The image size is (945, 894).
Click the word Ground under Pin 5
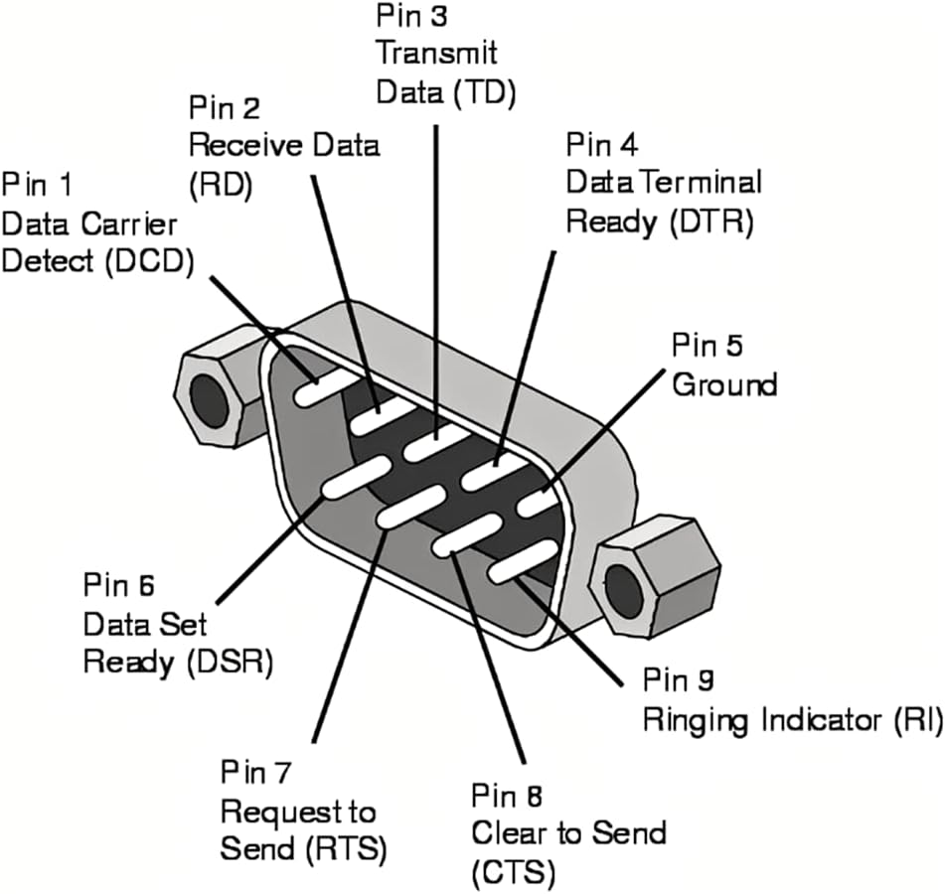[724, 383]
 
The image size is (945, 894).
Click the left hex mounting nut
[210, 389]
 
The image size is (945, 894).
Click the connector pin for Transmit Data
[433, 442]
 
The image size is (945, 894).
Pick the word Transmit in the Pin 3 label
[436, 53]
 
